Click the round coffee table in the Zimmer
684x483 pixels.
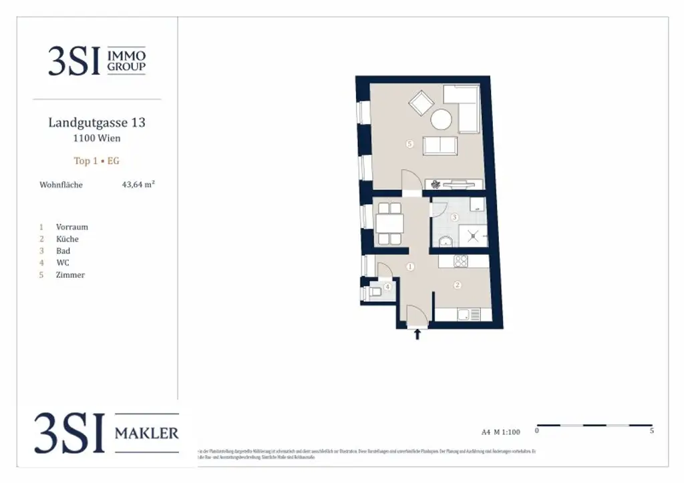442,120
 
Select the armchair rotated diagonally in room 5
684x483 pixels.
421,103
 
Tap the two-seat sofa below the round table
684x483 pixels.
440,145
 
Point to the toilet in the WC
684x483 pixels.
375,291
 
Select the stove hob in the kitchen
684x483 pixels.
462,261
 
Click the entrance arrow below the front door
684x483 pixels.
418,335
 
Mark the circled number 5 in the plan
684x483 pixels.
409,143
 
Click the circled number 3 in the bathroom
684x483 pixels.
454,217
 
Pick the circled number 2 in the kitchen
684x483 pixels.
458,286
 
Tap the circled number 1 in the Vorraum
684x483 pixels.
410,267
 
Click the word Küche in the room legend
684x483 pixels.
67,239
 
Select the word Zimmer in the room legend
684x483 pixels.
70,275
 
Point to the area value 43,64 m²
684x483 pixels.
138,185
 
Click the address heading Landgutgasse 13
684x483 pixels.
97,123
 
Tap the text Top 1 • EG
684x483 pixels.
97,161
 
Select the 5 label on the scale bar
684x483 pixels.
651,432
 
